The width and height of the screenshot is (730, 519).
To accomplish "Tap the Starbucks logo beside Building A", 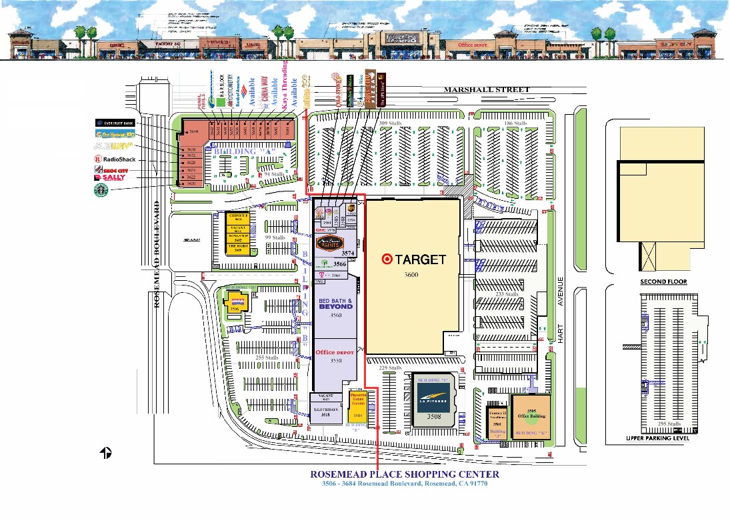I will point(101,191).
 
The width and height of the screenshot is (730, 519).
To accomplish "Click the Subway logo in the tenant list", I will point(114,145).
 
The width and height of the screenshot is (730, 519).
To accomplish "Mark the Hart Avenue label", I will point(561,310).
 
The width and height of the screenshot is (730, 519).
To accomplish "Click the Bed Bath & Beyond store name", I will point(335,303).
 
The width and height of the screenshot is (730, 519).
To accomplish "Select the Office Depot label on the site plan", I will point(335,352).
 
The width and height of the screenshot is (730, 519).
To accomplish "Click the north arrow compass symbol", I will point(105,453).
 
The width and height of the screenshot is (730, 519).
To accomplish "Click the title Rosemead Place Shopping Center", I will point(405,474).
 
